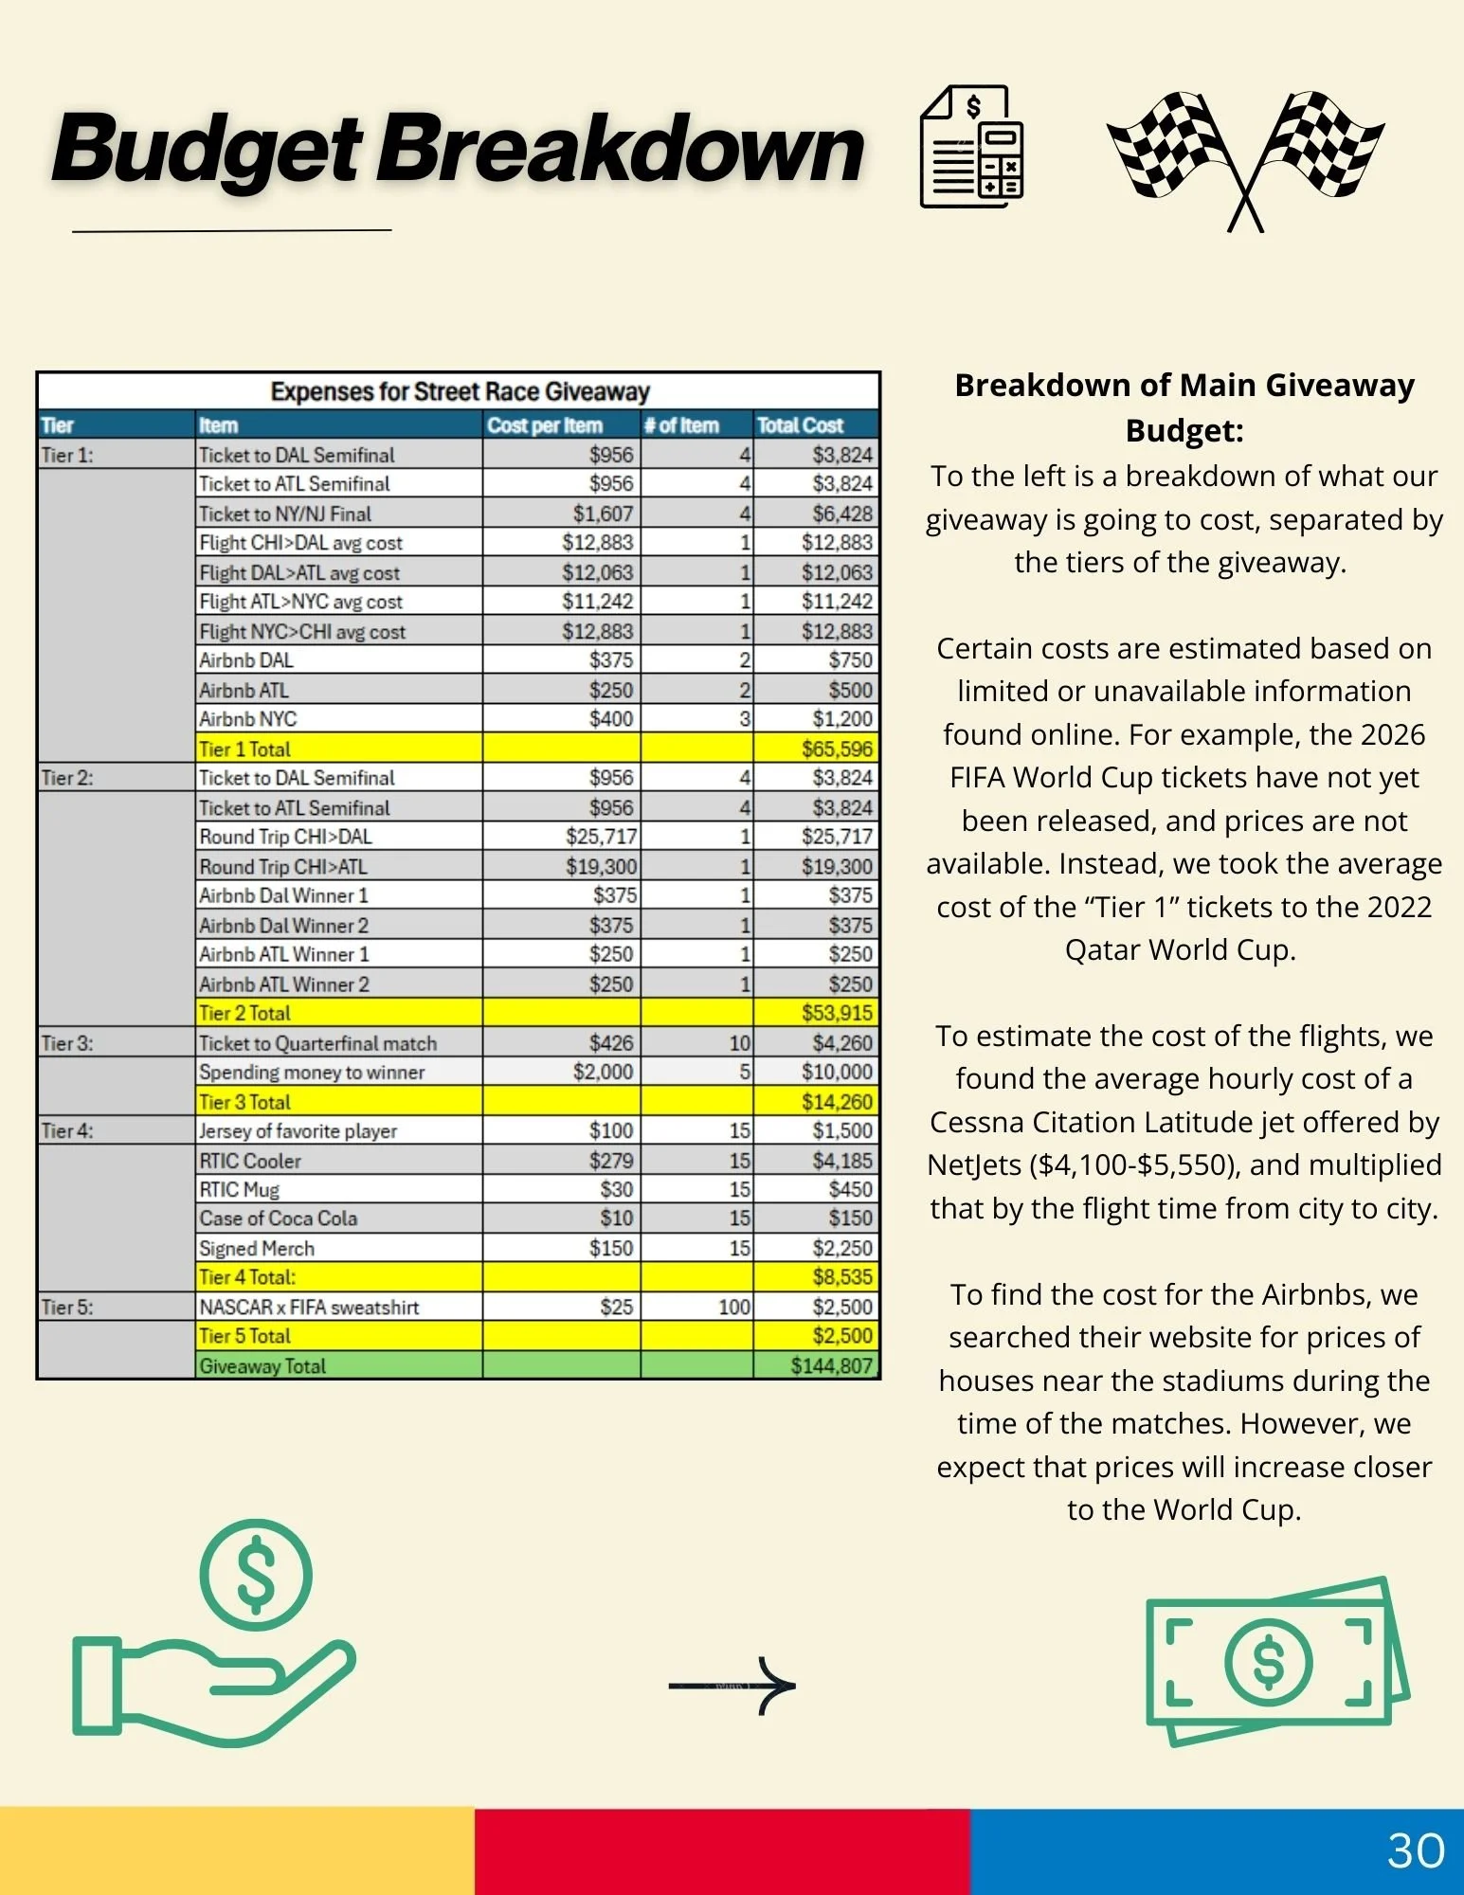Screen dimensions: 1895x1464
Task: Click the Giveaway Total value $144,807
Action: [830, 1365]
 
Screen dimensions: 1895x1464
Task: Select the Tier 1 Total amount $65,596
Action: [837, 749]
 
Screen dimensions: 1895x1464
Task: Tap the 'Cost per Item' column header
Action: [545, 425]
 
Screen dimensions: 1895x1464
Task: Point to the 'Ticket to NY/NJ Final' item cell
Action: [285, 514]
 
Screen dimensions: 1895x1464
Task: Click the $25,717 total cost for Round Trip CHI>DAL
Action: [836, 837]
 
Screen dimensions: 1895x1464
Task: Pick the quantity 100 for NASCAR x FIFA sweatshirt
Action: [734, 1307]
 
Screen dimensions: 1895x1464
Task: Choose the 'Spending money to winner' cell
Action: [312, 1072]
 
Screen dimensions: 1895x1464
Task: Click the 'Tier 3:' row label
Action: [67, 1043]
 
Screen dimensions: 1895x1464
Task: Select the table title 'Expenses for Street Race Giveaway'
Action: [460, 391]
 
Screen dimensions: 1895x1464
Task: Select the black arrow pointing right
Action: [732, 1686]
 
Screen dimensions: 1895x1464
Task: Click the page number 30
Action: [1416, 1850]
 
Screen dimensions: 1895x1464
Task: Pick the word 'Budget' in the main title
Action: [207, 150]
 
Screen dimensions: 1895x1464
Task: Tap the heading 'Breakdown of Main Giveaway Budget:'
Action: [1184, 407]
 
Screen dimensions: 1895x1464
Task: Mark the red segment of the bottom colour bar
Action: [722, 1850]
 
